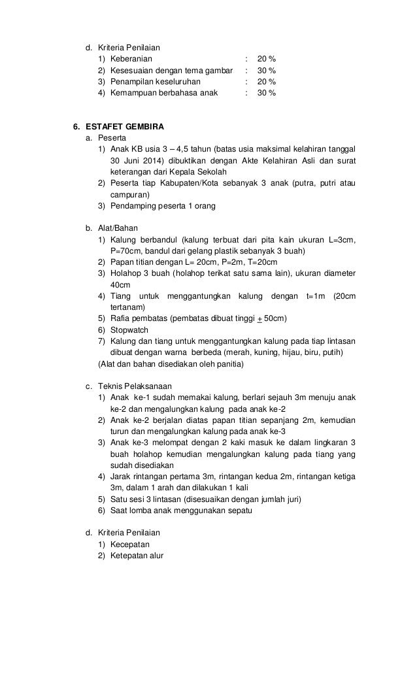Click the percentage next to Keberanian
point(266,58)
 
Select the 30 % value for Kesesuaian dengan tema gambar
point(266,70)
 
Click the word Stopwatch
point(129,330)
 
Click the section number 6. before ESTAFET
point(75,126)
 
